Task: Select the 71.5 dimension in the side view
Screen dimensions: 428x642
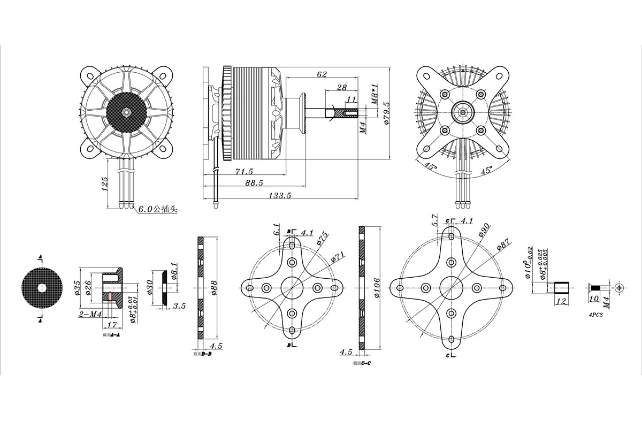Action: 243,171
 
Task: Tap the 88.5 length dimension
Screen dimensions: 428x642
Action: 254,183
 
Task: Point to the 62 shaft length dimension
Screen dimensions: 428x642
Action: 322,75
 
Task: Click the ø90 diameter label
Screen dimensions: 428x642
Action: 484,229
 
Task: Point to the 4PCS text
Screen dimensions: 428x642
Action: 595,315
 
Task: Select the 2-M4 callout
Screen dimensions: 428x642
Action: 90,315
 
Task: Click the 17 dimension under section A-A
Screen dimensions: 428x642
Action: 112,324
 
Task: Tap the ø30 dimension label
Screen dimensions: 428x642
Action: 150,287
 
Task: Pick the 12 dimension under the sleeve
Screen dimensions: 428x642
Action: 561,301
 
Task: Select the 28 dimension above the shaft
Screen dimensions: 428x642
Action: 341,87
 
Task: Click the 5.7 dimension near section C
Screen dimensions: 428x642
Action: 434,220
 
